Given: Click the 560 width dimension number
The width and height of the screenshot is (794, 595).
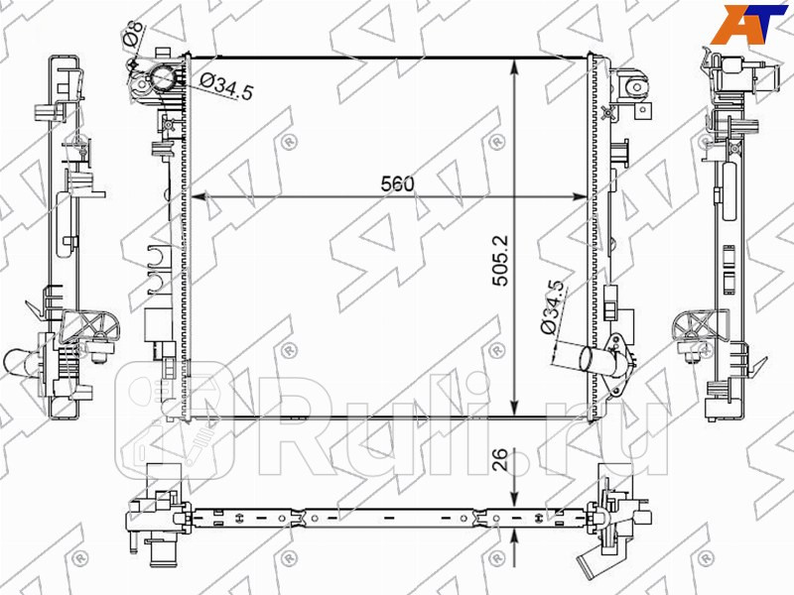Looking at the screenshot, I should point(395,183).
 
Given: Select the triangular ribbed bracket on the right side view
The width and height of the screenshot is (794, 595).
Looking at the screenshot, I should point(691,327).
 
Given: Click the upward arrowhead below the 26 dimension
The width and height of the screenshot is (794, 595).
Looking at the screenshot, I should point(514,535).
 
